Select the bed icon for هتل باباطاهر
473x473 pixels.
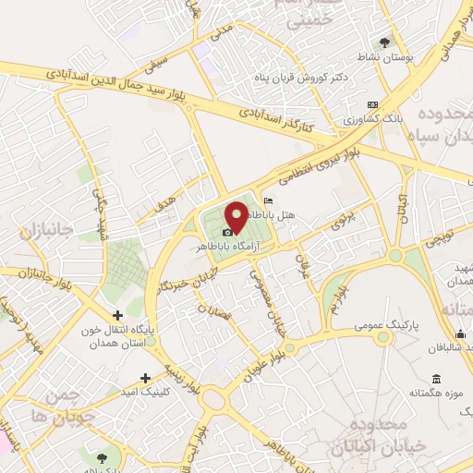pyautogui.click(x=268, y=201)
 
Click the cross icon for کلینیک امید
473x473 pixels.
pyautogui.click(x=145, y=377)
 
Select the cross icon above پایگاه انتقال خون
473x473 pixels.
pyautogui.click(x=117, y=315)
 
